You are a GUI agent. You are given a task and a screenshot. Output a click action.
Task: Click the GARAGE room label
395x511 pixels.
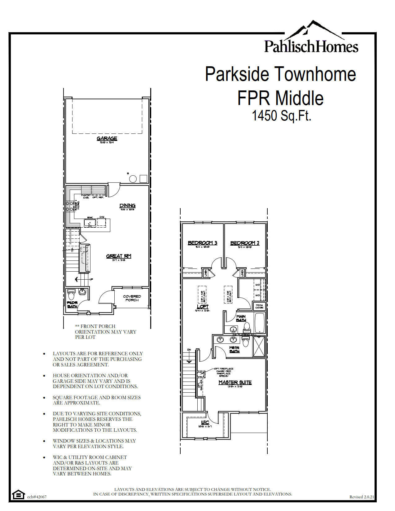(x=107, y=138)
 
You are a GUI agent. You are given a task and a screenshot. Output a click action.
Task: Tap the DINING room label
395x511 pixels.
(x=127, y=206)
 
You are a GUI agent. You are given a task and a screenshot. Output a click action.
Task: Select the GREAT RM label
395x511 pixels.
(x=119, y=256)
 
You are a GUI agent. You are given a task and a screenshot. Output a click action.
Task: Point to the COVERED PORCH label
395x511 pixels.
(x=132, y=298)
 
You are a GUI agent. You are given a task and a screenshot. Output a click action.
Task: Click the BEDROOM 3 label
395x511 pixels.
(x=203, y=243)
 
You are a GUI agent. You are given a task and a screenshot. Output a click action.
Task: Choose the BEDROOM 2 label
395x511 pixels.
(x=245, y=243)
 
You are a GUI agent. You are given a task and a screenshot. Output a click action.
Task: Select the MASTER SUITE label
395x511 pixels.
(x=235, y=382)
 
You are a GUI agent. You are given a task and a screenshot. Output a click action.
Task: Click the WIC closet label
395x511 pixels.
(x=205, y=423)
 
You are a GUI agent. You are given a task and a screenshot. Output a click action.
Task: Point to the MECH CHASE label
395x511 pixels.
(x=259, y=307)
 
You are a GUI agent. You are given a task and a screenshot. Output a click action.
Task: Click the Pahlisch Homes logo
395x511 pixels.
(x=311, y=39)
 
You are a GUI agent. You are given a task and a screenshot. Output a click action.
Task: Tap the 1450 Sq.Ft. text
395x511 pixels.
(x=281, y=116)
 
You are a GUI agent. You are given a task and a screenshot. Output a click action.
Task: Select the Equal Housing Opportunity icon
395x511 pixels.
(x=18, y=495)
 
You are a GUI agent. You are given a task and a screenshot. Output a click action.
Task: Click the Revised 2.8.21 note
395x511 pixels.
(x=362, y=497)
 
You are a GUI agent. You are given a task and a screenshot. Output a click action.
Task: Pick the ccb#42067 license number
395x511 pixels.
(x=37, y=497)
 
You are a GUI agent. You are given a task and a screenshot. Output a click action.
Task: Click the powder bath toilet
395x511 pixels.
(x=72, y=292)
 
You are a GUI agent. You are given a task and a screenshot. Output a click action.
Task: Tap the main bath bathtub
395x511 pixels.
(x=259, y=323)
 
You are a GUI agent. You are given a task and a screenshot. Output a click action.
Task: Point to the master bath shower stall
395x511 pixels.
(x=259, y=347)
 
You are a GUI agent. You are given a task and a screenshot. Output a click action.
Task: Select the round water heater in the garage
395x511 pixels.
(x=133, y=179)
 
